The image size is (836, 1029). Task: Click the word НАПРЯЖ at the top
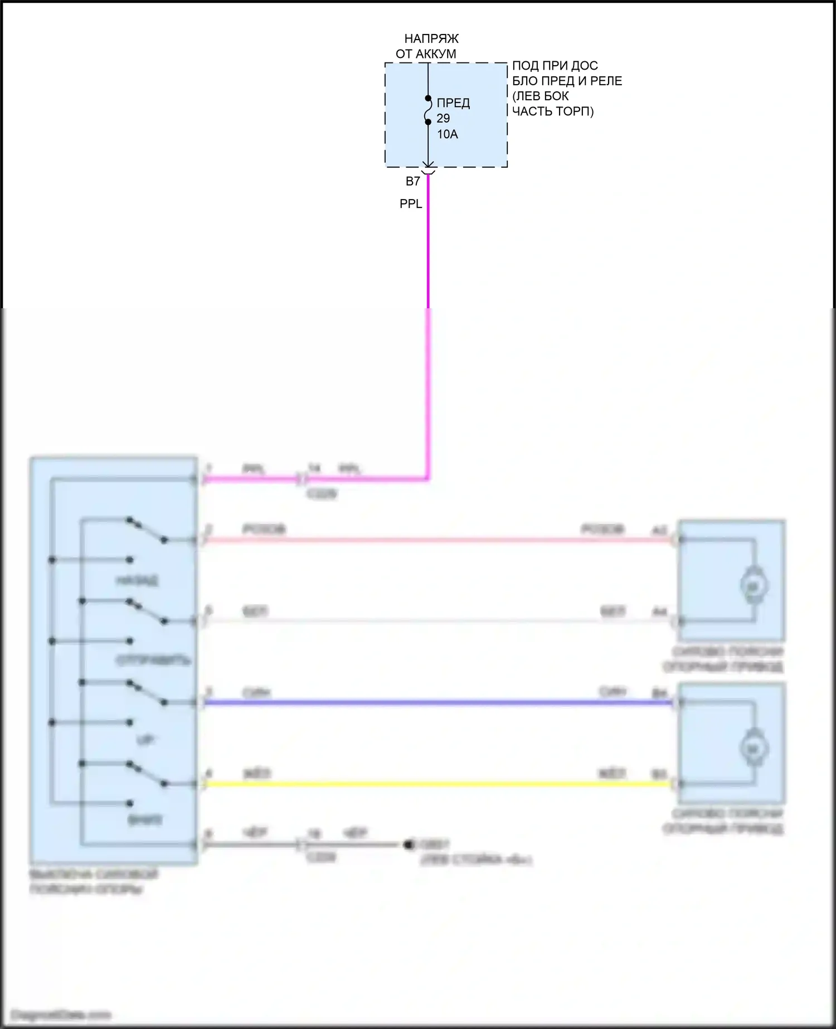pyautogui.click(x=431, y=39)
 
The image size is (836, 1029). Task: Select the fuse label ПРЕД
pyautogui.click(x=453, y=103)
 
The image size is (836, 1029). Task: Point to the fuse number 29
pyautogui.click(x=443, y=118)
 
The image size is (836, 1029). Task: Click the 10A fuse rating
pyautogui.click(x=447, y=134)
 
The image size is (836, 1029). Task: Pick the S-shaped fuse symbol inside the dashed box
pyautogui.click(x=428, y=110)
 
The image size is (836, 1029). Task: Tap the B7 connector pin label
pyautogui.click(x=412, y=181)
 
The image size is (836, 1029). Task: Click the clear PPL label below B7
pyautogui.click(x=411, y=204)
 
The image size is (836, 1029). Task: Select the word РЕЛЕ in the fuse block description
pyautogui.click(x=606, y=81)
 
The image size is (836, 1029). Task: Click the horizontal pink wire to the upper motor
pyautogui.click(x=435, y=540)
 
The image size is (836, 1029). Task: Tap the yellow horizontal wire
pyautogui.click(x=435, y=784)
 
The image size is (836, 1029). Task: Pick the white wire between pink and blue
pyautogui.click(x=435, y=621)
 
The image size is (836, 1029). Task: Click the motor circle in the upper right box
pyautogui.click(x=754, y=585)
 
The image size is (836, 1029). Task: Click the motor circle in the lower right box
pyautogui.click(x=754, y=749)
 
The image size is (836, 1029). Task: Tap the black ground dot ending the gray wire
pyautogui.click(x=409, y=845)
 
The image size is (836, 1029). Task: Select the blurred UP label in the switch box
pyautogui.click(x=145, y=740)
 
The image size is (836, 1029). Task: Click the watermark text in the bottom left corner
pyautogui.click(x=61, y=1014)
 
